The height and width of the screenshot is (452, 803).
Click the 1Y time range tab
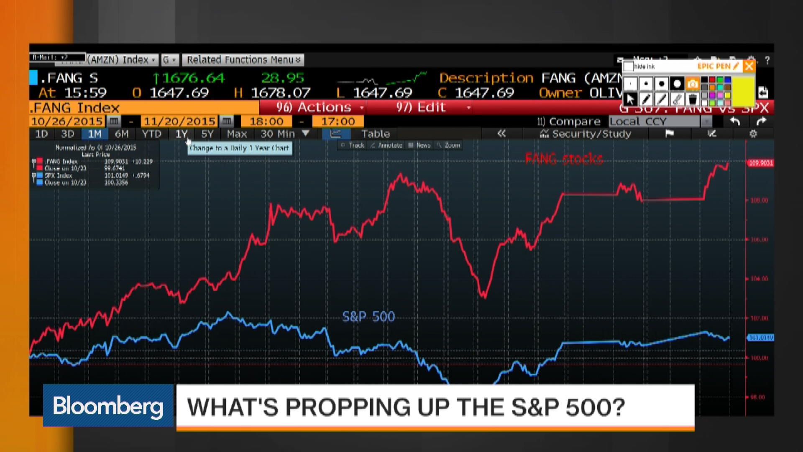181,134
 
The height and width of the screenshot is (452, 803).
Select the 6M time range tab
122,134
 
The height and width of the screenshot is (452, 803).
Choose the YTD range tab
151,134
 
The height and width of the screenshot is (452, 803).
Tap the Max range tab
237,134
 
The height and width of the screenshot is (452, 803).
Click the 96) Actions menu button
314,108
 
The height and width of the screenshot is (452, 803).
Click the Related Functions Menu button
243,60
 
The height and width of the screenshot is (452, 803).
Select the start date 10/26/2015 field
67,121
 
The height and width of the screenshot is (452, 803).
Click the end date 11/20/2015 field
179,121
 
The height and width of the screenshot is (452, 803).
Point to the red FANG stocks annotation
564,159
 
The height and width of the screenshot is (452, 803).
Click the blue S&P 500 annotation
368,316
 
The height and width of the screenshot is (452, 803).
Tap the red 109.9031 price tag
761,163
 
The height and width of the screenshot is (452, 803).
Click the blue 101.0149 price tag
761,337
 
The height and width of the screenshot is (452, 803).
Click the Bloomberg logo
108,406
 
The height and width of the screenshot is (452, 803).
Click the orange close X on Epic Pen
749,66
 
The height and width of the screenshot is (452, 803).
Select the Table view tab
376,134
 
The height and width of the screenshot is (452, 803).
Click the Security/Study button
586,134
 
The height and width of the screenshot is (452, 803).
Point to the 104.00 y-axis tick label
759,279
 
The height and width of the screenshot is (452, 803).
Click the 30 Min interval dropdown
284,134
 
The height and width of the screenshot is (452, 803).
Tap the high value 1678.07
281,92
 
